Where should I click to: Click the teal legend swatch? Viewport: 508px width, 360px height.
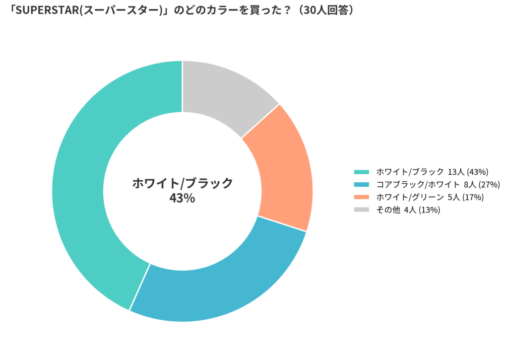point(361,172)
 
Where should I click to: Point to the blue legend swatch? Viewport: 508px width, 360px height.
point(361,185)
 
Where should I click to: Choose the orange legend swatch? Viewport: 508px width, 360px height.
point(361,197)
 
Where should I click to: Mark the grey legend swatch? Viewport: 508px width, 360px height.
point(361,210)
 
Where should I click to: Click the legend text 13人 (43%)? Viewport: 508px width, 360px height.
point(468,172)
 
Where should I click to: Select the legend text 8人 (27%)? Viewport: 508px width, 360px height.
point(481,185)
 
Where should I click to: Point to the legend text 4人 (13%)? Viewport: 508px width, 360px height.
point(422,210)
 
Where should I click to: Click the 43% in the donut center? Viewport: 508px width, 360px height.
point(182,198)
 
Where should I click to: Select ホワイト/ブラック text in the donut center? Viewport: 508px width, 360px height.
point(182,183)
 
